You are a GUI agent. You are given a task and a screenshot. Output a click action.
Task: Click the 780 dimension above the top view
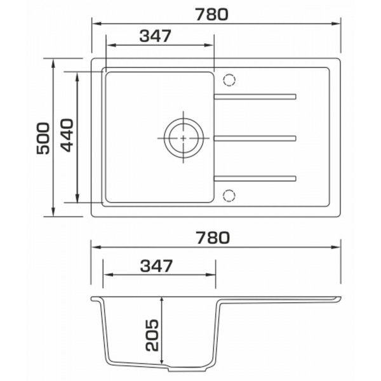pyautogui.click(x=212, y=15)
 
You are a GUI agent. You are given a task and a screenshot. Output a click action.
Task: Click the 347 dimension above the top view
pyautogui.click(x=156, y=36)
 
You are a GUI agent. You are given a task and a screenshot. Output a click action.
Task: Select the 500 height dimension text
pyautogui.click(x=43, y=138)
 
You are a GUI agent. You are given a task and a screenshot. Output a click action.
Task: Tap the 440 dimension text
pyautogui.click(x=67, y=135)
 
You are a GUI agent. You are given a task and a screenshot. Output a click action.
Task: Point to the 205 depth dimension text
pyautogui.click(x=152, y=335)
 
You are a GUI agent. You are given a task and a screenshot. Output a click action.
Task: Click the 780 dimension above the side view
pyautogui.click(x=213, y=237)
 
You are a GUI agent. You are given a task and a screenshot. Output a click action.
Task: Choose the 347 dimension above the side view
pyautogui.click(x=156, y=265)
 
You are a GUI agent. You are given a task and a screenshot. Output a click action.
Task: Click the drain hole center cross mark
pyautogui.click(x=184, y=138)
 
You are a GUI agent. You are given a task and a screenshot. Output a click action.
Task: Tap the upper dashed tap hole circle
pyautogui.click(x=229, y=80)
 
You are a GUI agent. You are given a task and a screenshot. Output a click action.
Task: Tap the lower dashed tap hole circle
pyautogui.click(x=229, y=196)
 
